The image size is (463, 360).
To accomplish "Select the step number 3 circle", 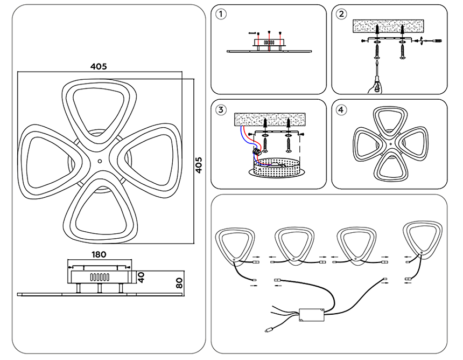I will coord(220,110).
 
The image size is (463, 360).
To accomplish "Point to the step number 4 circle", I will coord(341,110).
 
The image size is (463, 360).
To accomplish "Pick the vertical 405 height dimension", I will coord(199,165).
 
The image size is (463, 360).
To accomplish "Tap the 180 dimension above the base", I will coord(99,254).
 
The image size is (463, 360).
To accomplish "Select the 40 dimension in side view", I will coord(142,277).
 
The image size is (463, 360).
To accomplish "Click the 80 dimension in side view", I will coord(180,283).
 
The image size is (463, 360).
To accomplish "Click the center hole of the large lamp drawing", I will coord(100,161).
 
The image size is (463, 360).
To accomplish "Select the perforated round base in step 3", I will coord(276,168).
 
